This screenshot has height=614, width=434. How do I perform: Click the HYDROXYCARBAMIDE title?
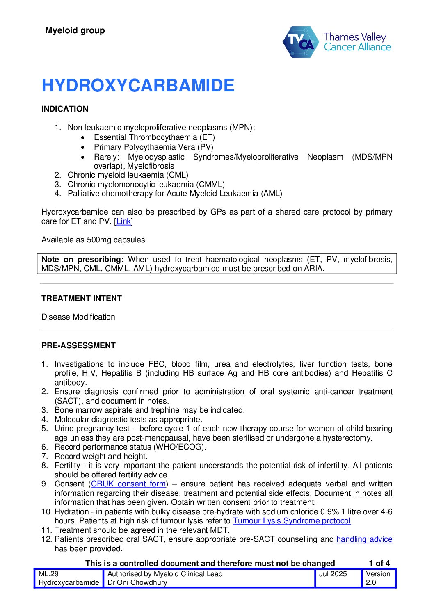click(138, 86)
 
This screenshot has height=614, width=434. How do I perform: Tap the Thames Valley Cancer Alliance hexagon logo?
click(301, 42)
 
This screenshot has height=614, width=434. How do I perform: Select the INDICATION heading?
click(65, 109)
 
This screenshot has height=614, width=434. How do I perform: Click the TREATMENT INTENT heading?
click(82, 299)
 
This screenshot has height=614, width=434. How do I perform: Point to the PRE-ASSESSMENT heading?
click(78, 346)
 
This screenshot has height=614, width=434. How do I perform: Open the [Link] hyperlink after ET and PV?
click(123, 221)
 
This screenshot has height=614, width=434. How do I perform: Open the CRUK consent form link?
click(128, 484)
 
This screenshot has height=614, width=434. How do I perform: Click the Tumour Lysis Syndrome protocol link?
click(292, 521)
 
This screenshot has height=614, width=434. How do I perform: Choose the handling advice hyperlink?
click(364, 539)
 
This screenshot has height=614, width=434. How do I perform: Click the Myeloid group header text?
click(75, 30)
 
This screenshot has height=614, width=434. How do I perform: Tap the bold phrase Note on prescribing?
click(82, 260)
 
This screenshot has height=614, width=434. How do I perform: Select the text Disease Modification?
click(78, 317)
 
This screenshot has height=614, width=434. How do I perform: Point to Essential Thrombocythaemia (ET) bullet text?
click(154, 137)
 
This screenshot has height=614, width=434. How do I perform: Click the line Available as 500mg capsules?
click(93, 240)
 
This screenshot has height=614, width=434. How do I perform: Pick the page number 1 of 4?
click(379, 564)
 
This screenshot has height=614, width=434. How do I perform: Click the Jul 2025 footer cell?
click(333, 574)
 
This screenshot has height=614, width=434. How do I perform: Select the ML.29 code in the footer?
click(48, 574)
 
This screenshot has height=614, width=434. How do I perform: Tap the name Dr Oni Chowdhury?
click(137, 583)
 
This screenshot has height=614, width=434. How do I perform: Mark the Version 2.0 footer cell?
click(378, 578)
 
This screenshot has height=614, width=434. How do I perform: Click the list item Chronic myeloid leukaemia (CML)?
click(128, 175)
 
